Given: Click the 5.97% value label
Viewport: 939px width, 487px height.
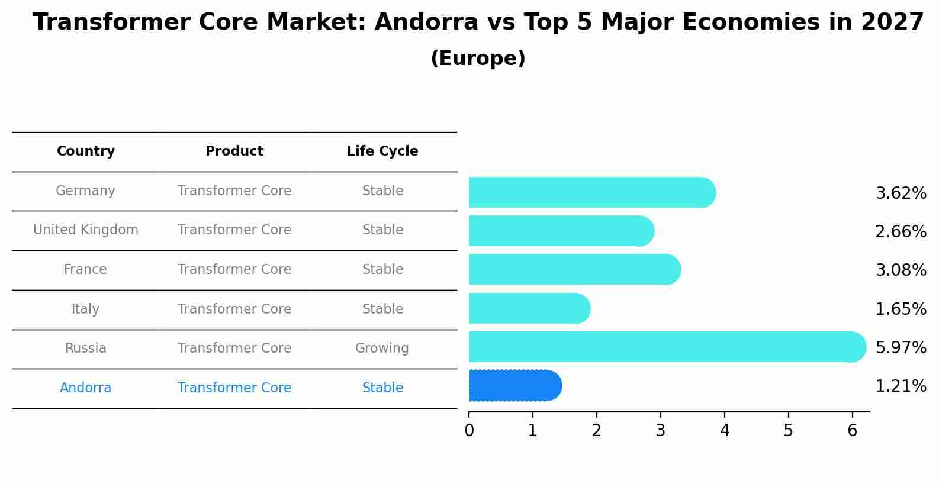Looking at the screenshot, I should click(x=901, y=347).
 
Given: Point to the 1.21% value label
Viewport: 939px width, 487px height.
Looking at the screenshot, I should click(x=901, y=386).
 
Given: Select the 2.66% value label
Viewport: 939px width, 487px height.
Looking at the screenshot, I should click(x=901, y=231).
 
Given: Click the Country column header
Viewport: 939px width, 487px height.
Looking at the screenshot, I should click(x=86, y=151).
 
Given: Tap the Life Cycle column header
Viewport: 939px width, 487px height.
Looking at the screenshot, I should click(x=382, y=151).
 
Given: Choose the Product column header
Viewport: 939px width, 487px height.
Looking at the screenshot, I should click(x=234, y=151).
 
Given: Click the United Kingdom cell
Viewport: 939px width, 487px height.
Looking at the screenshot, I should click(x=86, y=230).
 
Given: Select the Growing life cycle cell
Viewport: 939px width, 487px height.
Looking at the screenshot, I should click(x=382, y=348).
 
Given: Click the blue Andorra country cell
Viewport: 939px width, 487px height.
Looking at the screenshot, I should click(x=86, y=388).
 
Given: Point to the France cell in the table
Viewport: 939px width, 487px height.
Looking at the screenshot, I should click(x=86, y=269).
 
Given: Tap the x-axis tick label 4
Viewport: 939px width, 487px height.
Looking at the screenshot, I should click(x=725, y=431).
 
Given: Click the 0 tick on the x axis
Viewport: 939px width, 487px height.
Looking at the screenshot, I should click(x=469, y=431).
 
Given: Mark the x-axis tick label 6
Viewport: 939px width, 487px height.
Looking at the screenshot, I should click(x=852, y=431).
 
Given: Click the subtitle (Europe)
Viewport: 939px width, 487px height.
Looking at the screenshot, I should click(x=478, y=59).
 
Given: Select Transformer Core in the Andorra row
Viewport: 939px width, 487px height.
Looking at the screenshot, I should click(x=234, y=388).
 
